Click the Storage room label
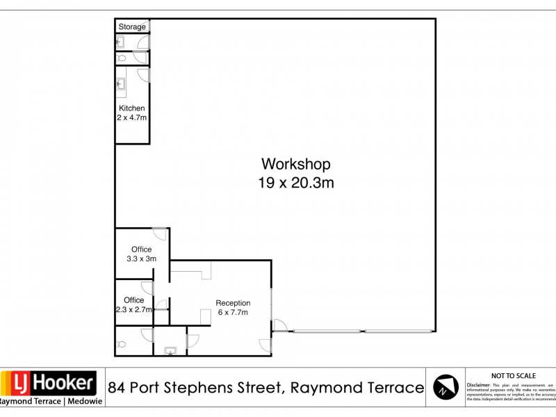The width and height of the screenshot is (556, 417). tap(132, 27)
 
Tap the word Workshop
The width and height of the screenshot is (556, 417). tap(295, 164)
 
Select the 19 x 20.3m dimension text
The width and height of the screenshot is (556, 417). tap(295, 183)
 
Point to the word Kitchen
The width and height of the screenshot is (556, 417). tap(131, 108)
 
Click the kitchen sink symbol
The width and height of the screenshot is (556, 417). tap(121, 85)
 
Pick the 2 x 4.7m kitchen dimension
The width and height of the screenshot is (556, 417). tap(131, 117)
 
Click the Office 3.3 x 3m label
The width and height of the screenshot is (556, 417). tap(141, 254)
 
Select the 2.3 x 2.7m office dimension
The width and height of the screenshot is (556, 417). tap(133, 310)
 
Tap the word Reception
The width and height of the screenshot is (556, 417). tap(233, 303)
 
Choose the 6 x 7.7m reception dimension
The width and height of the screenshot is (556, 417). tap(233, 313)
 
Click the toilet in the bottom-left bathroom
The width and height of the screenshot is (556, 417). tap(122, 343)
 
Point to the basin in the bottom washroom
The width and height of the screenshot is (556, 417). tap(169, 351)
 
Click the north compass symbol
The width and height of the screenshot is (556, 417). tap(445, 387)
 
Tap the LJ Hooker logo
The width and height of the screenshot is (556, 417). tap(49, 383)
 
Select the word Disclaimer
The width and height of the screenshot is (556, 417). tap(478, 384)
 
